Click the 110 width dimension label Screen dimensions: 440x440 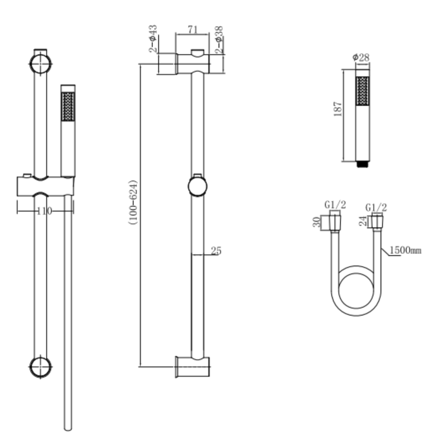click(45, 211)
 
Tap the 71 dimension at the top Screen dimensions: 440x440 click(192, 30)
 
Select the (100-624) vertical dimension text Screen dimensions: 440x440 click(133, 202)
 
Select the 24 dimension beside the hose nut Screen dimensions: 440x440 click(362, 221)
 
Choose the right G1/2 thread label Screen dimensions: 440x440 click(376, 207)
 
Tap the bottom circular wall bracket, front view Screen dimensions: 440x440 click(40, 367)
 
